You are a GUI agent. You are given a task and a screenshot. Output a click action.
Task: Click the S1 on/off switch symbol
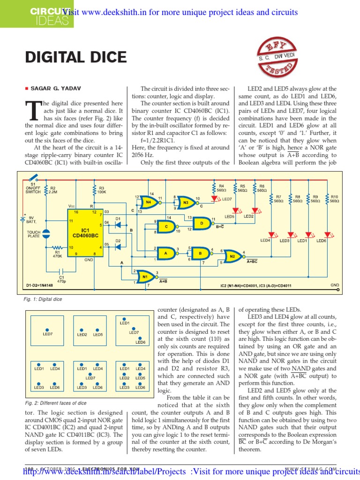coord(33,179)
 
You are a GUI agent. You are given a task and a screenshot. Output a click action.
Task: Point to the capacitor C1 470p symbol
coord(61,270)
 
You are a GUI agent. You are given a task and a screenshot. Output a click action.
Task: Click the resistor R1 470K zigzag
coord(58,247)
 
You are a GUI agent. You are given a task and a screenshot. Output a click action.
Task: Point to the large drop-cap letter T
coord(33,111)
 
